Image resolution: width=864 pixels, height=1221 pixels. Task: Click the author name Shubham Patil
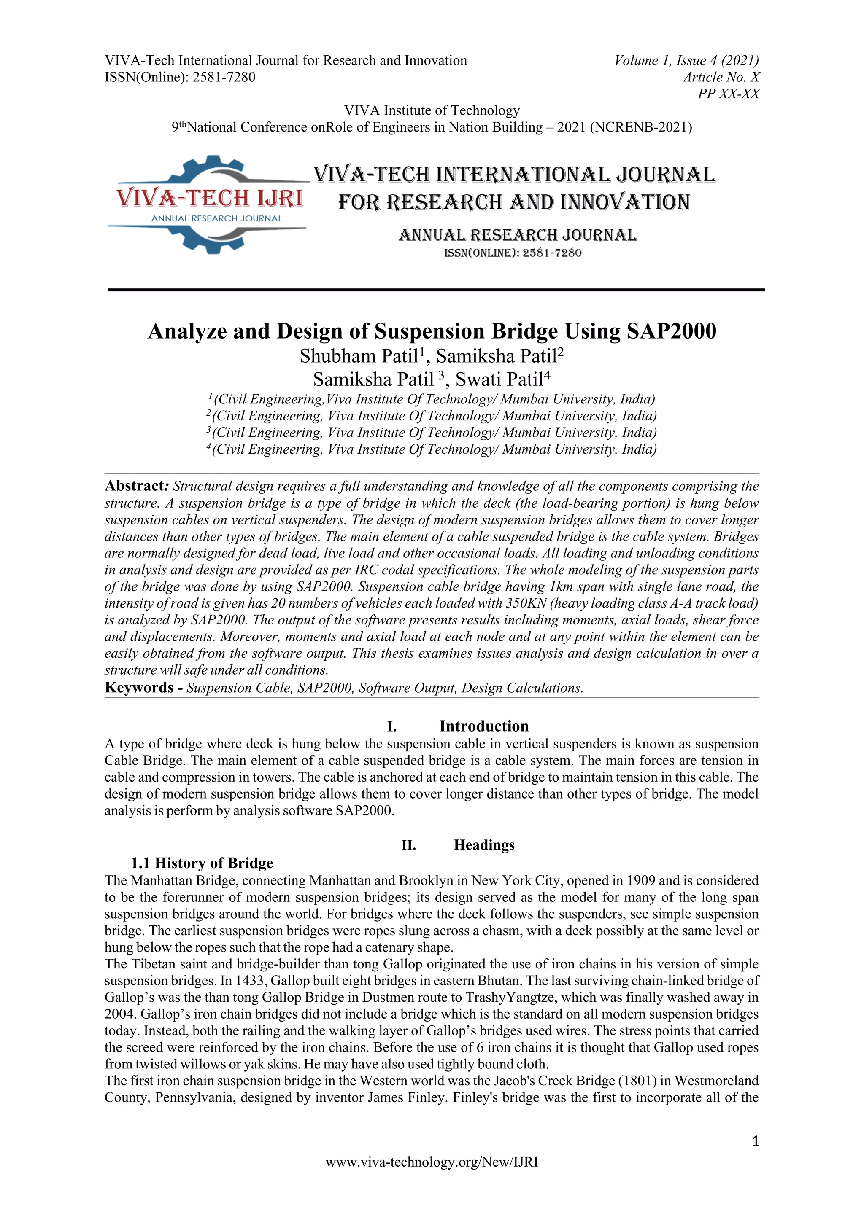pyautogui.click(x=359, y=356)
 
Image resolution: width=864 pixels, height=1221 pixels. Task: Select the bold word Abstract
pyautogui.click(x=136, y=486)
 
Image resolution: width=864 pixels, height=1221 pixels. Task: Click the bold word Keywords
pyautogui.click(x=139, y=688)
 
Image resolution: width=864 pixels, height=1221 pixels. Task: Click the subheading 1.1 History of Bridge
pyautogui.click(x=202, y=863)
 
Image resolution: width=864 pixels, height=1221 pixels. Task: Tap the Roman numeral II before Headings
pyautogui.click(x=409, y=845)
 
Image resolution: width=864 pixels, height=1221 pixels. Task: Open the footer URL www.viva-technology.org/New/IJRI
pyautogui.click(x=432, y=1162)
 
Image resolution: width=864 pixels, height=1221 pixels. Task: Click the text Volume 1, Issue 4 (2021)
pyautogui.click(x=686, y=61)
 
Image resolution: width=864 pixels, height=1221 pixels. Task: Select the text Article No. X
pyautogui.click(x=721, y=77)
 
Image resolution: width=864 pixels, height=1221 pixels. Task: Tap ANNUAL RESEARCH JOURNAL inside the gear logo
pyautogui.click(x=216, y=218)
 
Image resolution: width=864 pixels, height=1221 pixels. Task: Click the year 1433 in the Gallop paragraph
pyautogui.click(x=249, y=981)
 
